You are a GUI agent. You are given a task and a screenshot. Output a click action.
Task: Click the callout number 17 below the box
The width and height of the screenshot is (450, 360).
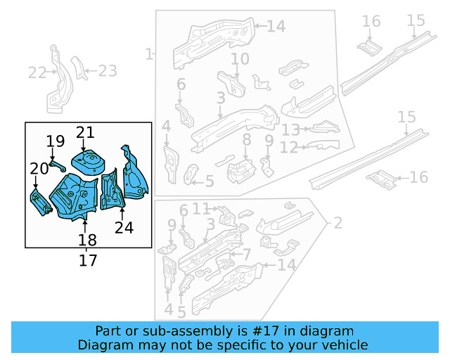[x=89, y=260]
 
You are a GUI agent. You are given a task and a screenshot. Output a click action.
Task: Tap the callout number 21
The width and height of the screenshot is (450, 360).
[x=85, y=132]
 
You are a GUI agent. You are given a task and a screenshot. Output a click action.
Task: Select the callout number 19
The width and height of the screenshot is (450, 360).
[x=56, y=143]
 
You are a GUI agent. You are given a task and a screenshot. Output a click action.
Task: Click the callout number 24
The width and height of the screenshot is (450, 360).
[x=124, y=226]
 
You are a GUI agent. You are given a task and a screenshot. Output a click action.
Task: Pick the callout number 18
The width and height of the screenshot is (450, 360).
[x=86, y=240]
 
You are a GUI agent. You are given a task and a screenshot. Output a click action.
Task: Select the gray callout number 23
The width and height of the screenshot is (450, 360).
[x=107, y=70]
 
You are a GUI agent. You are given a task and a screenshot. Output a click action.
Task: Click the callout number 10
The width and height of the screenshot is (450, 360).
[x=240, y=59]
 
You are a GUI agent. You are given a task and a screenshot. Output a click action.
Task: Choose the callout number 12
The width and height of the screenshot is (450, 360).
[x=289, y=148]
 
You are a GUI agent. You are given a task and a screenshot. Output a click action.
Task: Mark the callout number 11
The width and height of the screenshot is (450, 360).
[x=202, y=208]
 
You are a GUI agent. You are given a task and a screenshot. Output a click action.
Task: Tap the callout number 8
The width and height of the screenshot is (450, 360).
[x=245, y=141]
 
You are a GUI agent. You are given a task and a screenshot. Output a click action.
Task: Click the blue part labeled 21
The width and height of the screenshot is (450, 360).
[x=89, y=161]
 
